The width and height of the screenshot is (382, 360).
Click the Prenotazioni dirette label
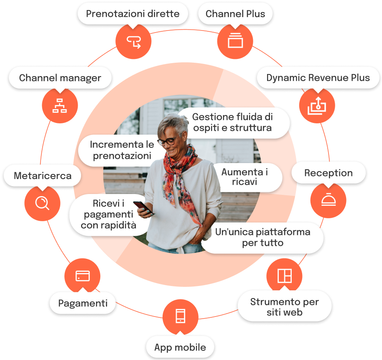tap(132, 14)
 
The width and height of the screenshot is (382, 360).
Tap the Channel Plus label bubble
tap(235, 14)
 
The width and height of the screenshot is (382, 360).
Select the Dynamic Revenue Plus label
tap(318, 78)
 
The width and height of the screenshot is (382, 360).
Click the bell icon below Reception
tap(328, 200)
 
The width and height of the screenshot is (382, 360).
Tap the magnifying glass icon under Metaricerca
tap(42, 203)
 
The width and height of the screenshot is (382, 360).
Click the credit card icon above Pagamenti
tap(82, 276)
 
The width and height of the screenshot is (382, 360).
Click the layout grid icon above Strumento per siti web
tap(284, 276)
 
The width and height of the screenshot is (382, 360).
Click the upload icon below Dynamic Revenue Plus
tap(317, 105)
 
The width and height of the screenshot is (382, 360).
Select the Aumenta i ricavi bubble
tap(245, 177)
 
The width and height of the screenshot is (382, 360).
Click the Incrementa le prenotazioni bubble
tap(122, 150)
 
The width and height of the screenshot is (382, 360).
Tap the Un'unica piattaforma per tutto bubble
tap(262, 237)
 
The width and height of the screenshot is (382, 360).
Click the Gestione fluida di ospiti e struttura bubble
tap(232, 122)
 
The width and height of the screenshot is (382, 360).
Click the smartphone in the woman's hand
tap(142, 207)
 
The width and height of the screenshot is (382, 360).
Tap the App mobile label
tap(180, 347)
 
